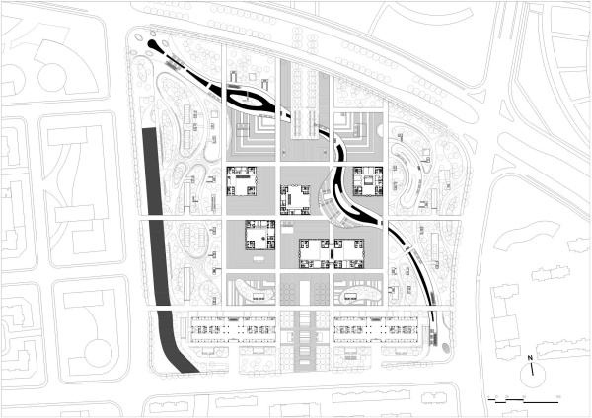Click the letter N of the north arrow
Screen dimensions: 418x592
coord(531,357)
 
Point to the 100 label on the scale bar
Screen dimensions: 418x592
coord(558,396)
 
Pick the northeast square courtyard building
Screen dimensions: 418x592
coord(369,181)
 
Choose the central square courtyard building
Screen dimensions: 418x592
coord(298,200)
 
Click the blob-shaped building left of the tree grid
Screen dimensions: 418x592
coord(253,292)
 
